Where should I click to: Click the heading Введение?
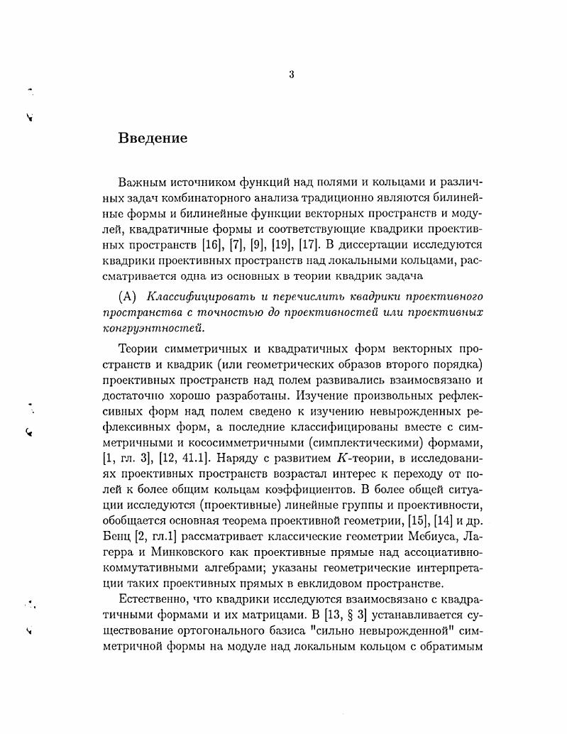pos(153,138)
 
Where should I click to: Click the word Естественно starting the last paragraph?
pos(152,602)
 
